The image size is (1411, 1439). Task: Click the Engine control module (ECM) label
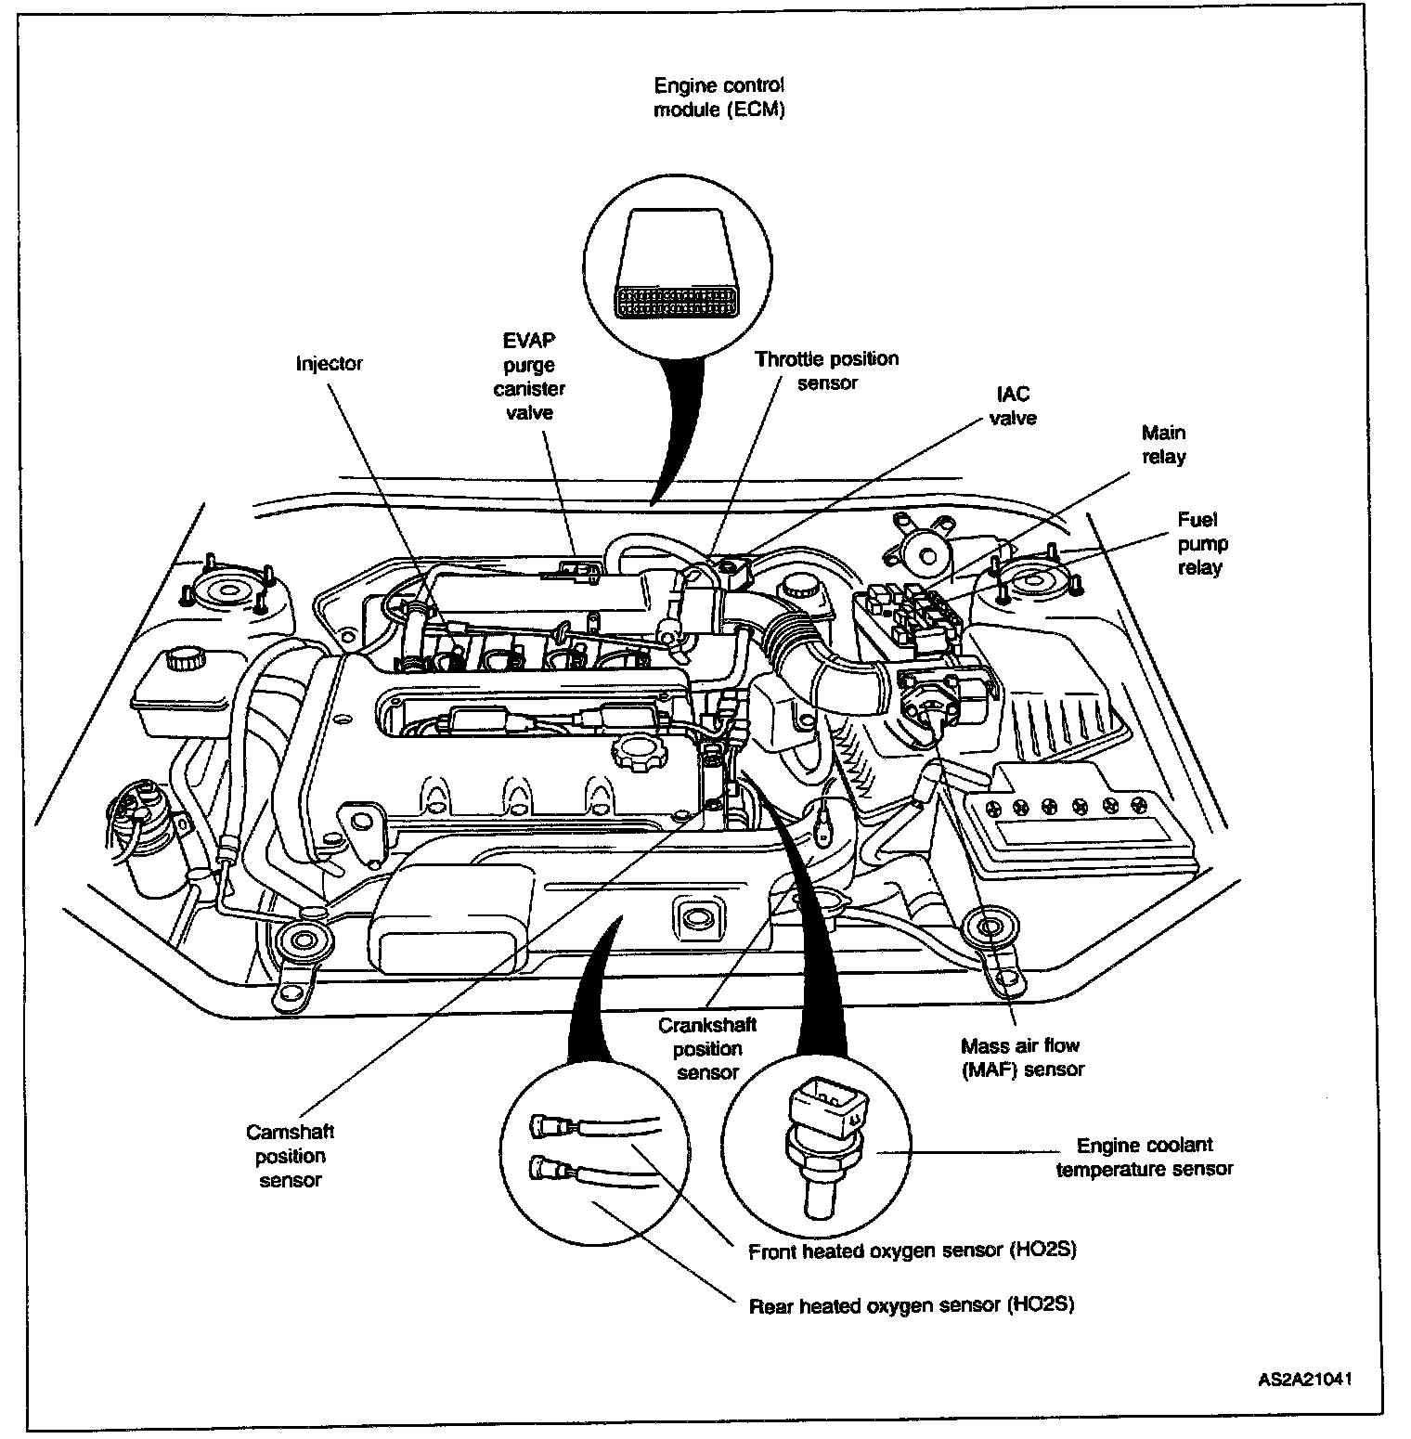(x=719, y=97)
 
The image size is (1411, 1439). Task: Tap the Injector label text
(x=329, y=363)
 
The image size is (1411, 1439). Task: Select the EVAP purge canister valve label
(x=529, y=376)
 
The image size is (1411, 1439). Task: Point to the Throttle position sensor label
(x=826, y=370)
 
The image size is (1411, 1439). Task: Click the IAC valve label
(x=1012, y=406)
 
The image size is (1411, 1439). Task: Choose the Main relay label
(x=1163, y=444)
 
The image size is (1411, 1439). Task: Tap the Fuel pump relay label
(x=1200, y=543)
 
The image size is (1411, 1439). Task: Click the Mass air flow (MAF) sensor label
(x=1022, y=1057)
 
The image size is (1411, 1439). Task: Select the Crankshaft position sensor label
(x=707, y=1048)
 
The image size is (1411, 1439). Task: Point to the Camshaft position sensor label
(x=290, y=1156)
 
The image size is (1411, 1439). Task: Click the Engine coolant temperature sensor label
(x=1145, y=1157)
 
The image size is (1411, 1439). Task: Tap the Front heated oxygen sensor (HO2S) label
(x=912, y=1251)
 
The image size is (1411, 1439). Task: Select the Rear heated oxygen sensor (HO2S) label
(x=911, y=1304)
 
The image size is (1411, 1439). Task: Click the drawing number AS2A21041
(x=1304, y=1379)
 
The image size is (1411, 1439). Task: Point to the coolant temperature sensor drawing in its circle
(x=822, y=1142)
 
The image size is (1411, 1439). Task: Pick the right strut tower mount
(x=1032, y=587)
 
